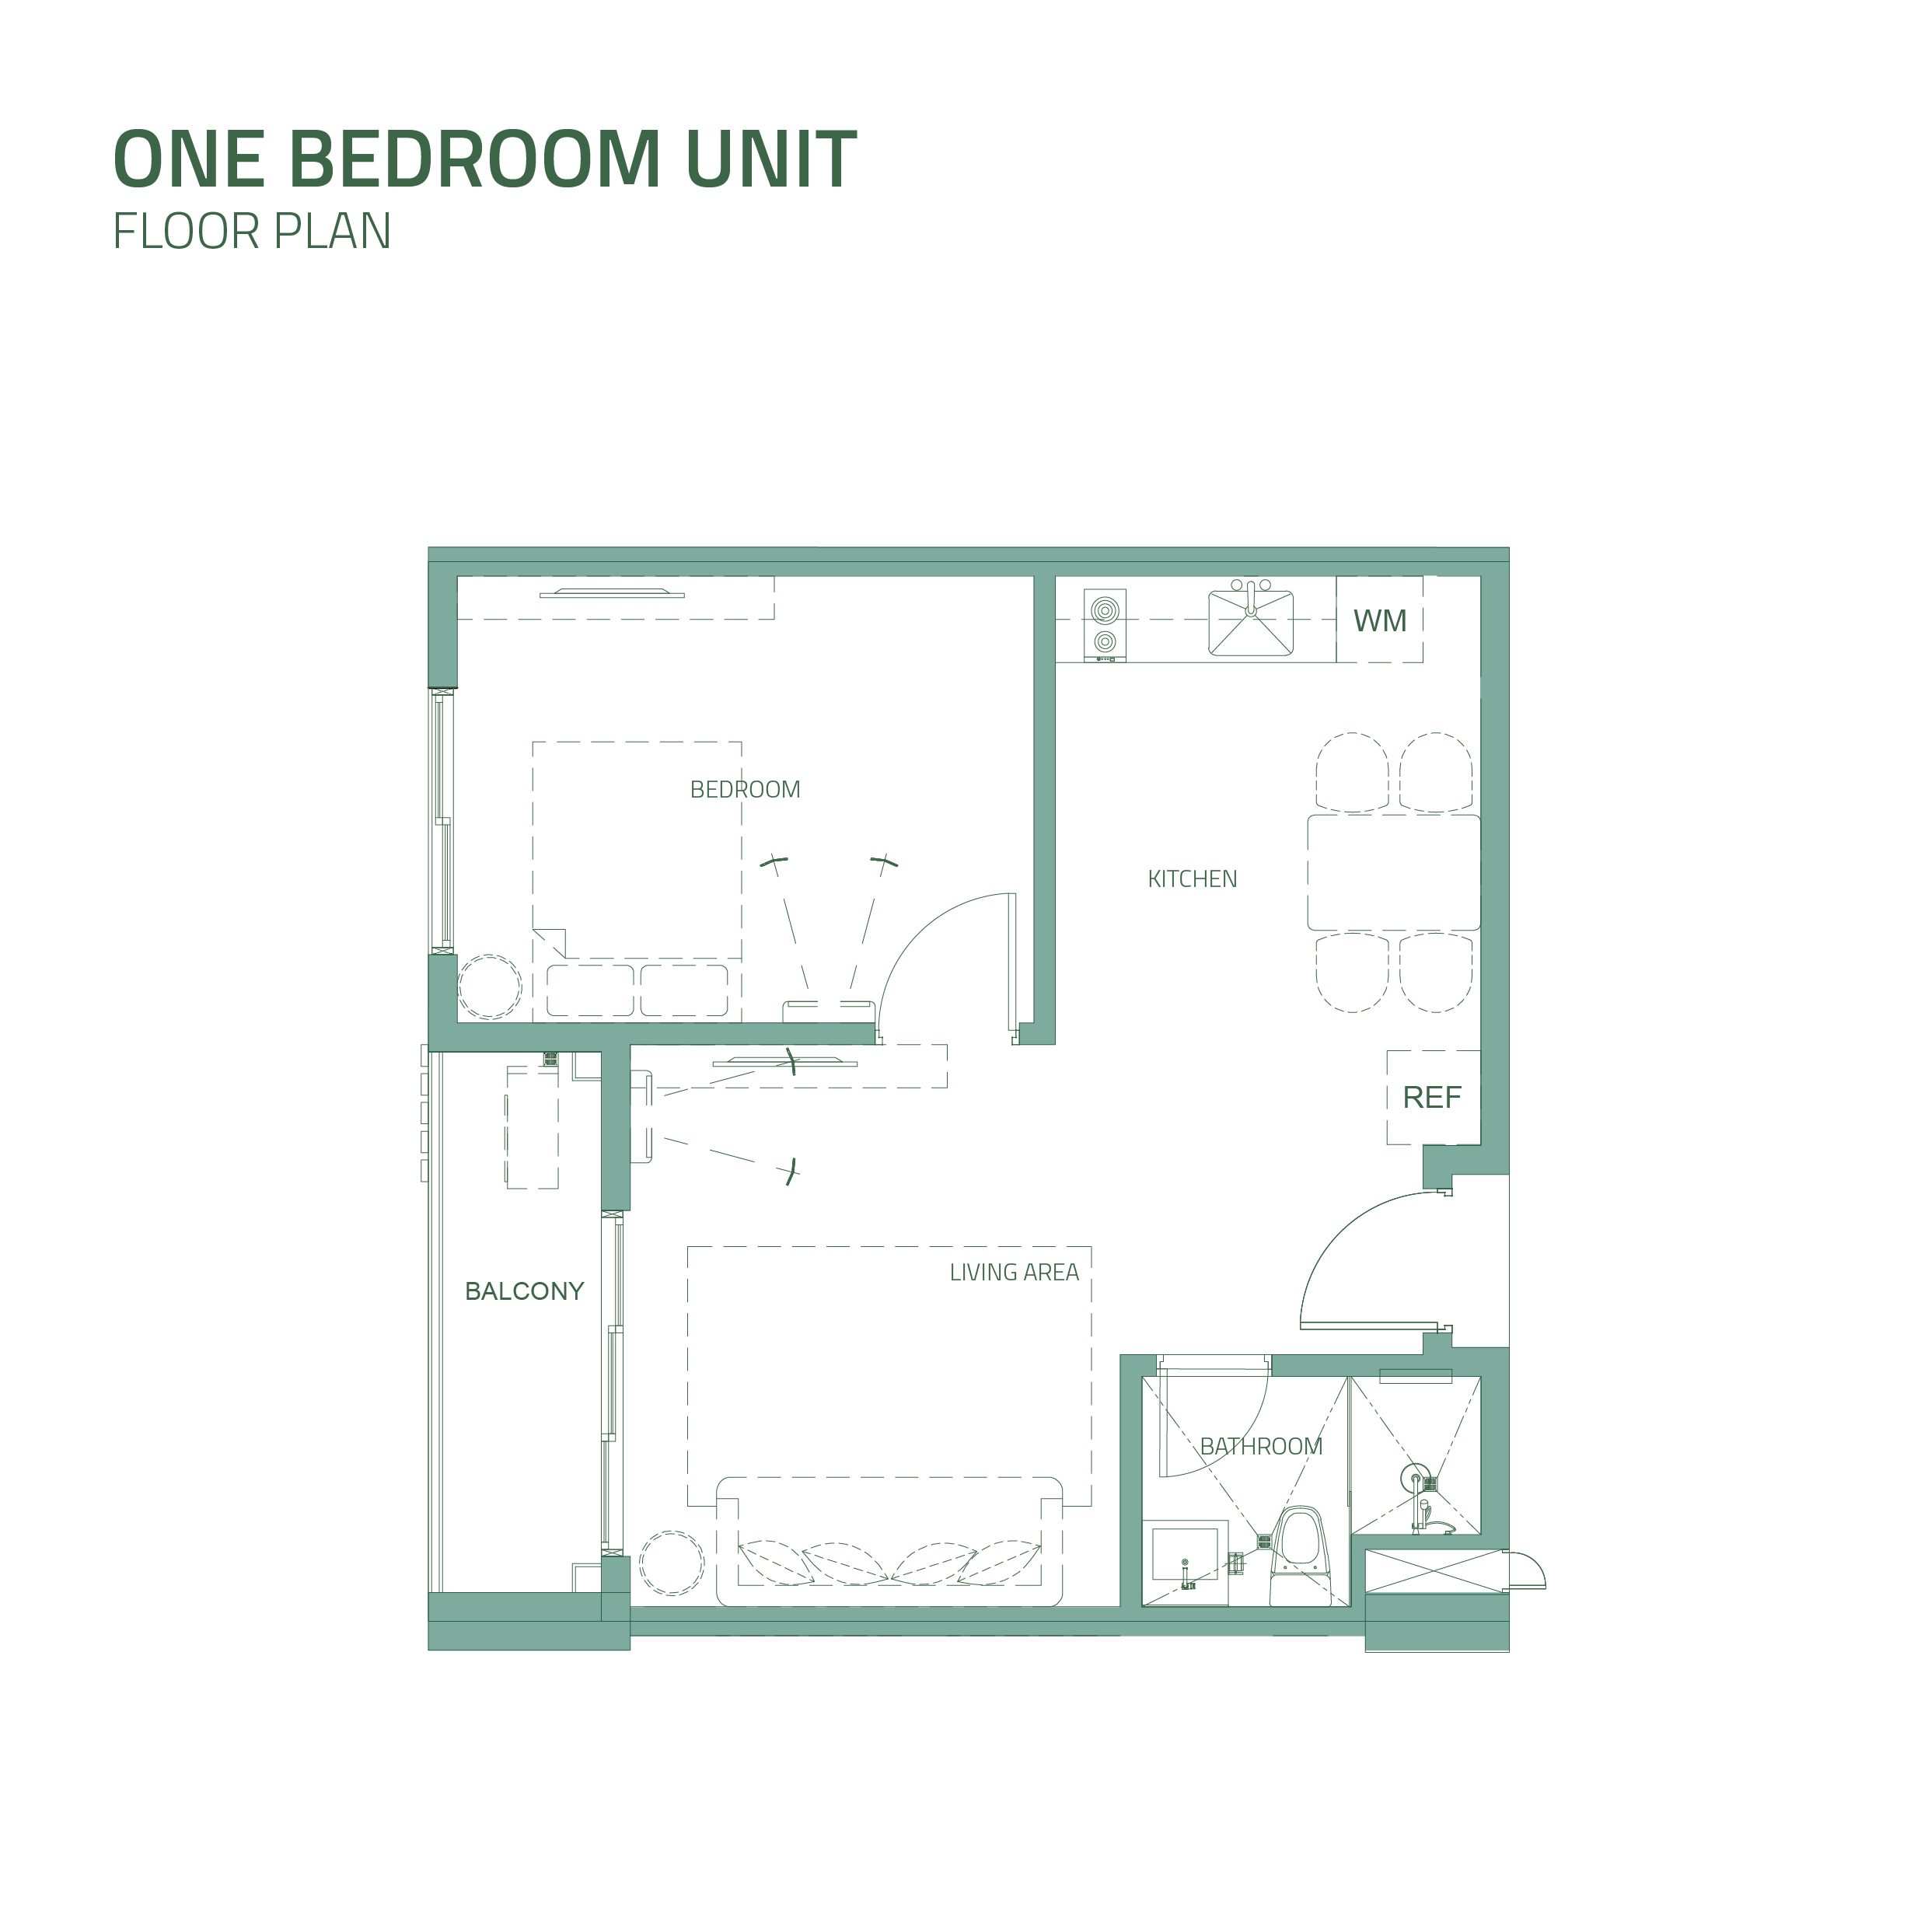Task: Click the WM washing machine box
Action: coord(1380,620)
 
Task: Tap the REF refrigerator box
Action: coord(1433,1098)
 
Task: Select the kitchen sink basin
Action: coord(1252,623)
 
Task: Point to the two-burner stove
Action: coord(1105,625)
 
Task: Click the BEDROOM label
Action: coord(746,789)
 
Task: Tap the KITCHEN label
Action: coord(1193,879)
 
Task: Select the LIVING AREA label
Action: coord(1014,1273)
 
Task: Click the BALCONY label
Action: coord(525,1291)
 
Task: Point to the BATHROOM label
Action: coord(1262,1446)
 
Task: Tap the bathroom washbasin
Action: coord(1186,1563)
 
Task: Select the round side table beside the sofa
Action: coord(672,1563)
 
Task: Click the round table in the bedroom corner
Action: coord(490,987)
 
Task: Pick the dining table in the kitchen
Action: coord(1394,873)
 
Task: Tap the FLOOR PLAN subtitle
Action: coord(251,232)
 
